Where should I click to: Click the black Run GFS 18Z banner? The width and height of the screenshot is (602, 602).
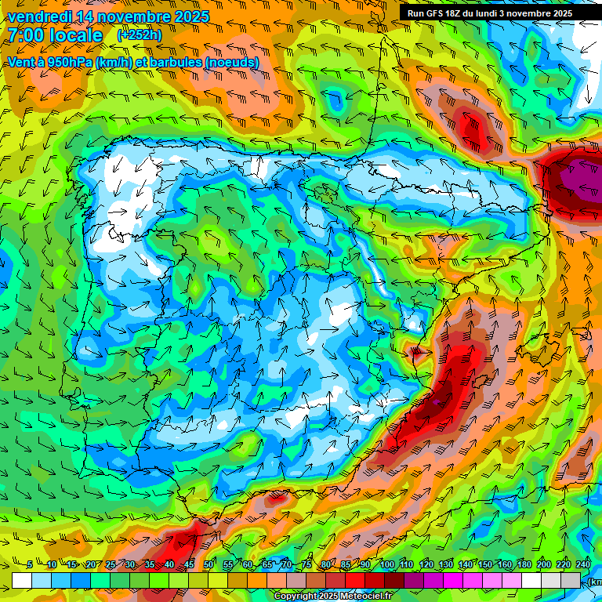tap(490, 13)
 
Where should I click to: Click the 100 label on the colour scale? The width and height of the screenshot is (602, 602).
tap(386, 565)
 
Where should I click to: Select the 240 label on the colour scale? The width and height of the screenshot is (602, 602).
tap(582, 565)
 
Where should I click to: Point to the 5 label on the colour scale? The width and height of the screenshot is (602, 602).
tap(30, 565)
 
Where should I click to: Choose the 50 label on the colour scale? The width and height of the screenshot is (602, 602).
tap(209, 565)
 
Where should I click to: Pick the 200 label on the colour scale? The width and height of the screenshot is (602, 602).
tap(543, 565)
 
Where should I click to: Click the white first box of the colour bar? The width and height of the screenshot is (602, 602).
tap(21, 580)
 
